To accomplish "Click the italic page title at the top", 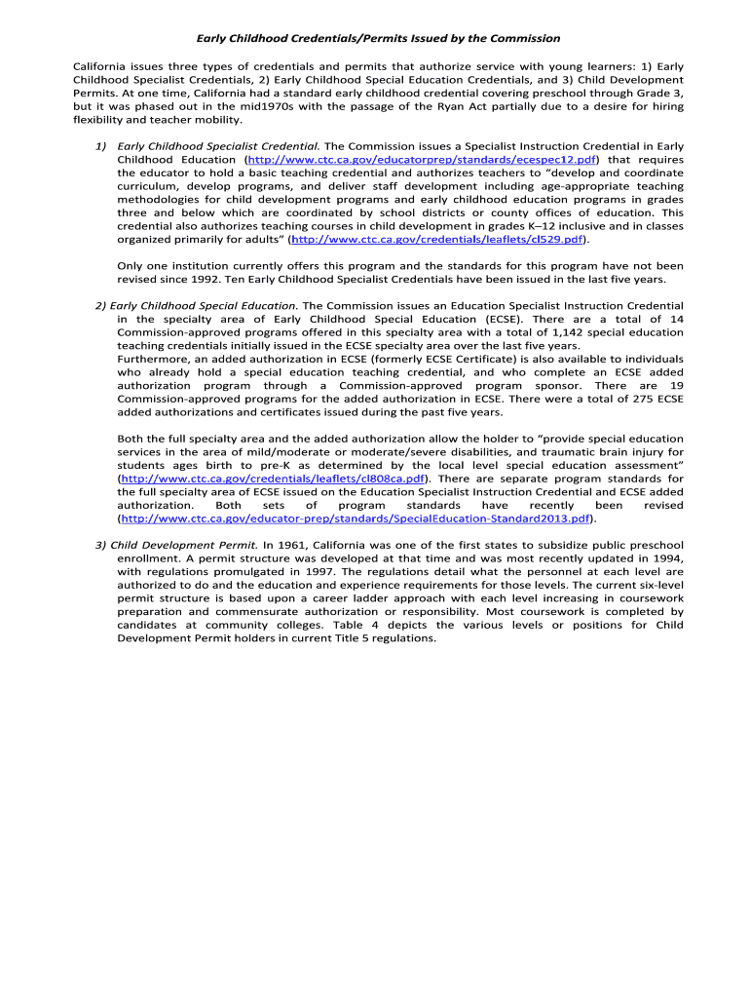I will click(379, 38).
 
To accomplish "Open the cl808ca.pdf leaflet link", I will click(274, 479).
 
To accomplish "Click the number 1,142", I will click(531, 332).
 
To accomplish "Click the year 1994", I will click(665, 558).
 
